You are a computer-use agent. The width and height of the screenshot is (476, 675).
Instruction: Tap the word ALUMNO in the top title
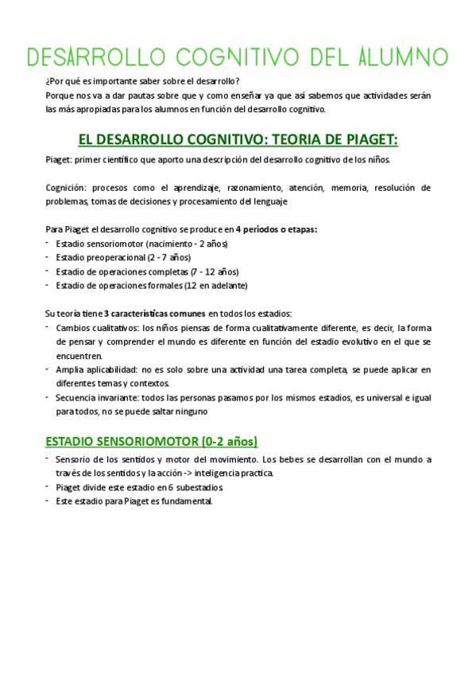398,57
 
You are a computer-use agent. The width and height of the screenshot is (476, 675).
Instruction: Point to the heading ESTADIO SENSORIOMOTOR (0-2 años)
152,441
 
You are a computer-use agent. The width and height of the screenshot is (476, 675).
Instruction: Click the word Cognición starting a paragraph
66,188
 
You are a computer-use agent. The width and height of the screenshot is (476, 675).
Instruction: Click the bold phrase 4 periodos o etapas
277,229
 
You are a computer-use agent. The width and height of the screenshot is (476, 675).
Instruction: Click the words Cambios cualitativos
87,327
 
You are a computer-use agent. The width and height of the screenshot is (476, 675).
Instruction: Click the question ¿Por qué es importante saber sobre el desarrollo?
142,80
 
